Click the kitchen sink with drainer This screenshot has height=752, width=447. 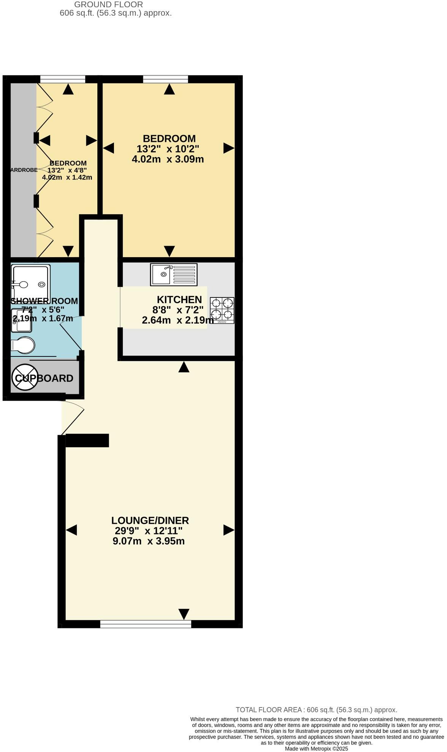point(174,274)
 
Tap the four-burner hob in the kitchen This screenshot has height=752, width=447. point(222,310)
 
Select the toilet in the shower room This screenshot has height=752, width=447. point(23,345)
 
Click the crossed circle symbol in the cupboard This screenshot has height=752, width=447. point(25,377)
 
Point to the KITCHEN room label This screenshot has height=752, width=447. point(179,299)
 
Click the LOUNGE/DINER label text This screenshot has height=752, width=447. point(150,520)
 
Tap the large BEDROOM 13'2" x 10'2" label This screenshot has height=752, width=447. point(169,138)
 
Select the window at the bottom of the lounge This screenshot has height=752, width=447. point(146,624)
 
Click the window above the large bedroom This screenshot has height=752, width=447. point(165,79)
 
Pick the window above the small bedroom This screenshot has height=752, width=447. point(63,79)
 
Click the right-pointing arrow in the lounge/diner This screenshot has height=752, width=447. point(228,530)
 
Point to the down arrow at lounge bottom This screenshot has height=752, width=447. point(184,614)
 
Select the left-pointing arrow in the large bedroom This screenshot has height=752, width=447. point(109,148)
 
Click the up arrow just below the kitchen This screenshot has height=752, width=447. point(184,367)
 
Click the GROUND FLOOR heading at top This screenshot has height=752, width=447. point(108,5)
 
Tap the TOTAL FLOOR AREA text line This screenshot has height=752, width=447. point(316,709)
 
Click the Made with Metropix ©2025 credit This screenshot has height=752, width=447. point(316,749)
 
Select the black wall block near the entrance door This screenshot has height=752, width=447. point(87,440)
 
